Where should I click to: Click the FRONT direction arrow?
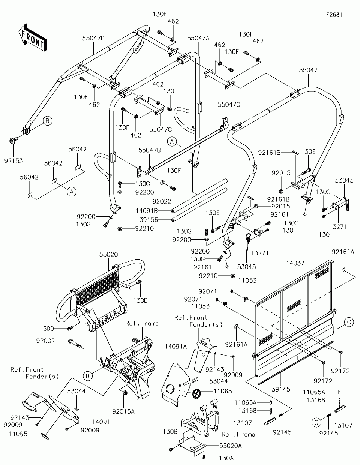33,37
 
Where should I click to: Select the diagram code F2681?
334,15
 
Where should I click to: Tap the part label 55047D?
93,38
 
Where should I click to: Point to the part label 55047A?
198,38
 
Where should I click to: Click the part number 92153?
14,161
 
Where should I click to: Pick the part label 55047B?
150,150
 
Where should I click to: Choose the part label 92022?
162,201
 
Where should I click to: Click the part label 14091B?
147,211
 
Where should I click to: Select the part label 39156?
148,220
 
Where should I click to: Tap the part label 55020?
108,254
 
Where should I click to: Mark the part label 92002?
45,340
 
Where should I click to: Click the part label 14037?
295,263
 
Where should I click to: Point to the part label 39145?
281,389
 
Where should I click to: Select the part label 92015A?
123,411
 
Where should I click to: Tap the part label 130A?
226,458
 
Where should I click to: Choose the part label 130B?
170,431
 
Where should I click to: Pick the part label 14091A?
176,346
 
